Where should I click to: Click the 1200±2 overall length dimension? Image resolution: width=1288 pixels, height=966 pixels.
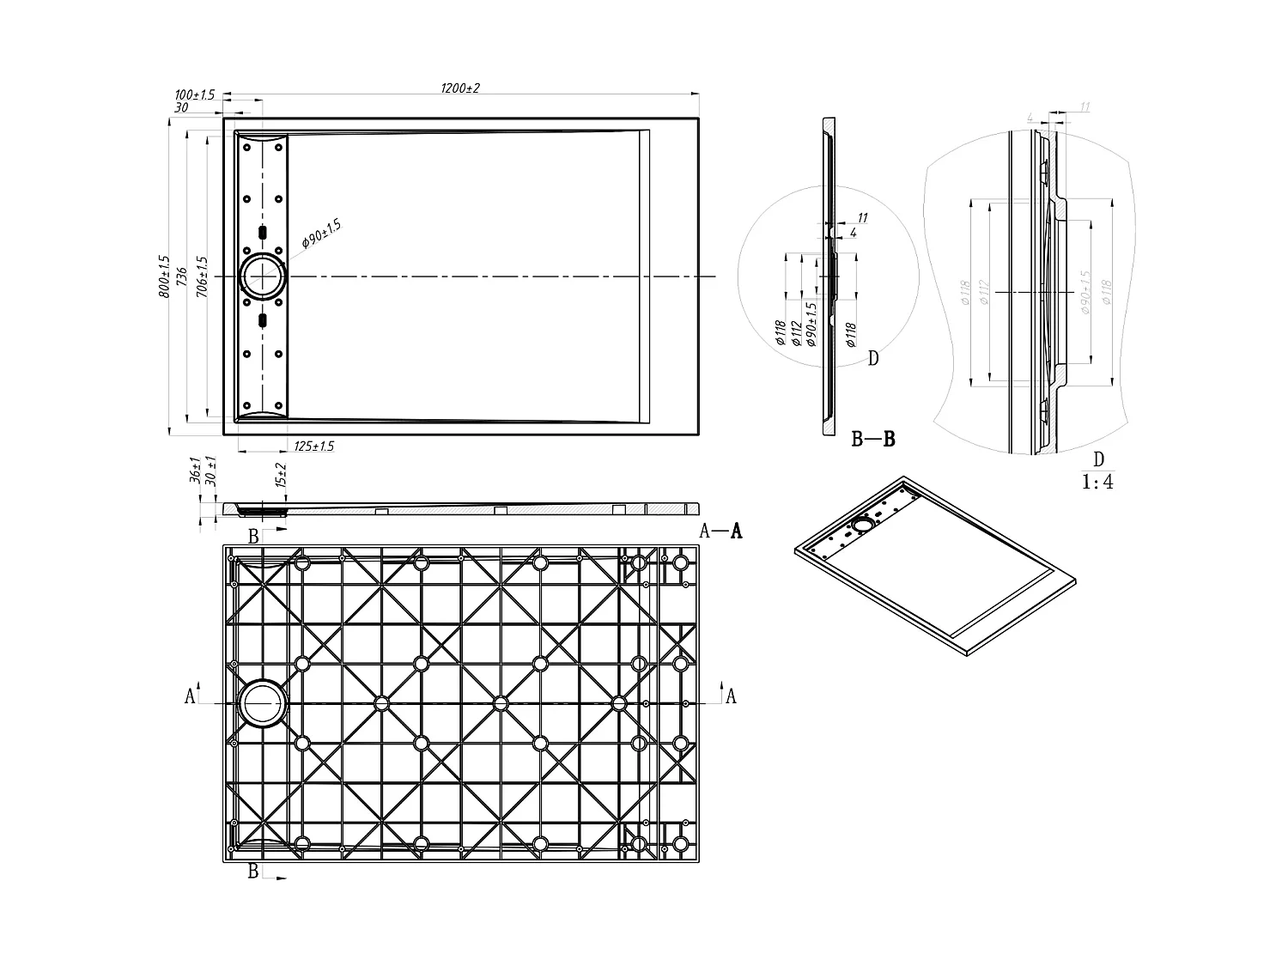point(459,88)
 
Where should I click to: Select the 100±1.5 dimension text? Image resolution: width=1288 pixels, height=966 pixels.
point(194,94)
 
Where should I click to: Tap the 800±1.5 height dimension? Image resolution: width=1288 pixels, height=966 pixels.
point(165,276)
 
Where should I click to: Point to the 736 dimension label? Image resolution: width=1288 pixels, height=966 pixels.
point(182,276)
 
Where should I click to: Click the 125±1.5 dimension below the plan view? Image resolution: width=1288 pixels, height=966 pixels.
point(313,447)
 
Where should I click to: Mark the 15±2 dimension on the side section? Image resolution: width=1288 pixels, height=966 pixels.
point(280,476)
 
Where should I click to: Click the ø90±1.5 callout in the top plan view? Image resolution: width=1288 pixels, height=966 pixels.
point(322,234)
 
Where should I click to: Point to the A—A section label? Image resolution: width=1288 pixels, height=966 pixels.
point(720,532)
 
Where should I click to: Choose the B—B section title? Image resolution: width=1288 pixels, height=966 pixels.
point(873,440)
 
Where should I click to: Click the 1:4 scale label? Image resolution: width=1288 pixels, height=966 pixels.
point(1097,482)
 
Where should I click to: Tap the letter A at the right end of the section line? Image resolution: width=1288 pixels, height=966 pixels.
point(731,696)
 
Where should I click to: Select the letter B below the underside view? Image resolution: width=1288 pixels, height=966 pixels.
point(253,871)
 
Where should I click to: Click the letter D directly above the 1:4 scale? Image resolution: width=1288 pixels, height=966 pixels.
point(1098,459)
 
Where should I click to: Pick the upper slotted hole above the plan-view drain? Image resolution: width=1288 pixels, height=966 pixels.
point(263,233)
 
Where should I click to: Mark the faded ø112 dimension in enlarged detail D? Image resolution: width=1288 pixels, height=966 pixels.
point(984,293)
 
